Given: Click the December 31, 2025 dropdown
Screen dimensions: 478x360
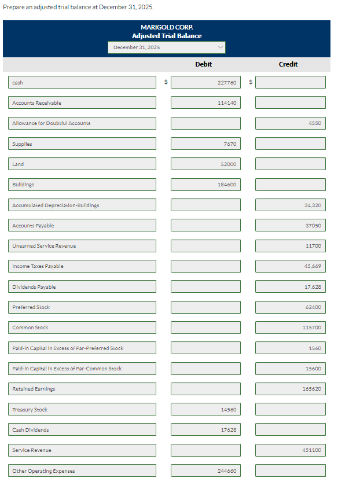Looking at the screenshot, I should coord(167,47).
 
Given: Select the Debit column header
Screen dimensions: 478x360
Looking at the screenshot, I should coord(203,64).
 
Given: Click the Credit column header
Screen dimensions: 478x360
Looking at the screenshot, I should coord(288,64).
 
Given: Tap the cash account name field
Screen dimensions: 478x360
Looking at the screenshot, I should coord(82,83).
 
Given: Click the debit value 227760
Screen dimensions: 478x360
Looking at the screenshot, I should coord(205,83).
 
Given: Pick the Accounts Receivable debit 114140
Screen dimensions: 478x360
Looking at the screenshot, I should coord(205,103).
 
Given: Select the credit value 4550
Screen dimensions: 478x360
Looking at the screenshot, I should coord(291,123).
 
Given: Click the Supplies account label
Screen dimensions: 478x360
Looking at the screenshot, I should coord(82,144).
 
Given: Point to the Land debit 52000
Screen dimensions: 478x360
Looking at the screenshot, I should coord(205,164).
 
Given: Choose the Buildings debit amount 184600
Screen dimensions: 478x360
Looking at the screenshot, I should coord(205,185).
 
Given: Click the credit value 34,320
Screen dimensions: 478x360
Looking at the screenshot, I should coord(291,205).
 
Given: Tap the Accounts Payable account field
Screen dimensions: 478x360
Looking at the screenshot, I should coord(82,226).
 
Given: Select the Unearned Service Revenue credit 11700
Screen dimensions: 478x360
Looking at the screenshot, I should coord(291,246).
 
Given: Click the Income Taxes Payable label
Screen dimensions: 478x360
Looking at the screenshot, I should coord(82,266).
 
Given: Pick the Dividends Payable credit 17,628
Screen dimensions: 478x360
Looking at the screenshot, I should coord(291,287).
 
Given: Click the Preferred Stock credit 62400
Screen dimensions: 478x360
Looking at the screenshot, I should coord(291,307).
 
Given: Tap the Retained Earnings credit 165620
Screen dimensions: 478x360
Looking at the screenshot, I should coord(291,389).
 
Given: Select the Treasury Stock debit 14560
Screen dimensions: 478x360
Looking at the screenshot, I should coord(205,410).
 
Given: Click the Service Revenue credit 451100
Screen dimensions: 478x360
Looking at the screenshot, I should coord(291,450).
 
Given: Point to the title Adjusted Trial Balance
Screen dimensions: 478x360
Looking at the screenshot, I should coord(167,36).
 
